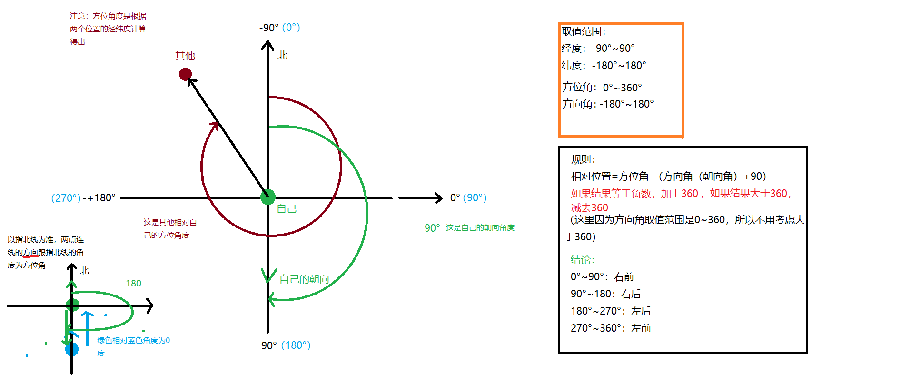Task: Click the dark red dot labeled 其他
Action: point(185,74)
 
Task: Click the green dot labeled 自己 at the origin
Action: point(268,197)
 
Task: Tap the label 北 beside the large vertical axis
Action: point(283,55)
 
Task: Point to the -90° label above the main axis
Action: point(269,28)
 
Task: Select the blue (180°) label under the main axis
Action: point(296,345)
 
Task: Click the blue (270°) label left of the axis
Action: point(66,198)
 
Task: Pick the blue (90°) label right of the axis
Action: point(475,198)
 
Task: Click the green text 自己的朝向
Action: point(304,279)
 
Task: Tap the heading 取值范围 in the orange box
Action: point(583,31)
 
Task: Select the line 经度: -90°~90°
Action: point(598,49)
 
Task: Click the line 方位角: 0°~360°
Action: point(602,88)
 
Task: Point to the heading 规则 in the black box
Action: point(583,159)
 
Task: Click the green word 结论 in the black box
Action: point(583,260)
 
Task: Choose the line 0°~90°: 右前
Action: point(602,277)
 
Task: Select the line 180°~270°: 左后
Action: point(611,311)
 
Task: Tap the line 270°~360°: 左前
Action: point(611,328)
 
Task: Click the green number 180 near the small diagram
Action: point(133,284)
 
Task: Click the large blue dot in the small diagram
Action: point(72,349)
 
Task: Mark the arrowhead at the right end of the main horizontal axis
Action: point(439,197)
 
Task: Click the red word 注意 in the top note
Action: point(77,16)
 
